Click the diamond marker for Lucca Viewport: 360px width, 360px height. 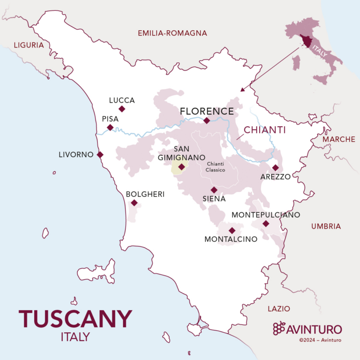tap(122, 109)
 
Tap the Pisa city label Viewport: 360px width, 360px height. tap(110, 119)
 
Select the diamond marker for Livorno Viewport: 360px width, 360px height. tap(100, 154)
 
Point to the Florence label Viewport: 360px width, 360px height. tap(207, 111)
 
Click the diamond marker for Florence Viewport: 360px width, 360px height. tap(207, 120)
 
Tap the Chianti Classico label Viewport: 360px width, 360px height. tap(216, 167)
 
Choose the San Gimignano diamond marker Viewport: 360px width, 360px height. tap(182, 167)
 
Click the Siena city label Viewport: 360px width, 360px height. tap(214, 199)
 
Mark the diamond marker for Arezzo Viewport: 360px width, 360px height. tap(275, 168)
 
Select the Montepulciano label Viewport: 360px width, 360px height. tap(266, 215)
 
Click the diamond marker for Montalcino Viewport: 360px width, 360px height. tap(232, 230)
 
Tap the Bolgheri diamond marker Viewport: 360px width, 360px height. tap(134, 203)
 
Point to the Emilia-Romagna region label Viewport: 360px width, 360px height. tap(172, 33)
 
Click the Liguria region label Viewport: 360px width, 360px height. tap(29, 45)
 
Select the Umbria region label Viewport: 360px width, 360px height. tap(326, 226)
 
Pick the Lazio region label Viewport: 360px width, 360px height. tap(279, 309)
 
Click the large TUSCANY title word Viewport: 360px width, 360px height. tap(76, 319)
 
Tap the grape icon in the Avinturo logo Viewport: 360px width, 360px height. tap(279, 328)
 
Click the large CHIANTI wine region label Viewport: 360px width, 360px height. tap(265, 130)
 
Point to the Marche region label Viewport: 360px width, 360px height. tap(339, 139)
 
